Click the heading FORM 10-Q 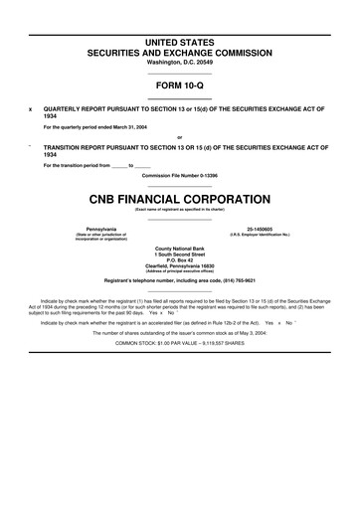[179, 85]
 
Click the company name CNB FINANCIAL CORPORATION [179, 199]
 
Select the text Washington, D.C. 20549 [179, 63]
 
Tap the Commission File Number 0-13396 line [179, 175]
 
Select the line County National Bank [179, 248]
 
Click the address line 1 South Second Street [179, 254]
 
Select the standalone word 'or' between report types [179, 137]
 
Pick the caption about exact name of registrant [179, 209]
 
